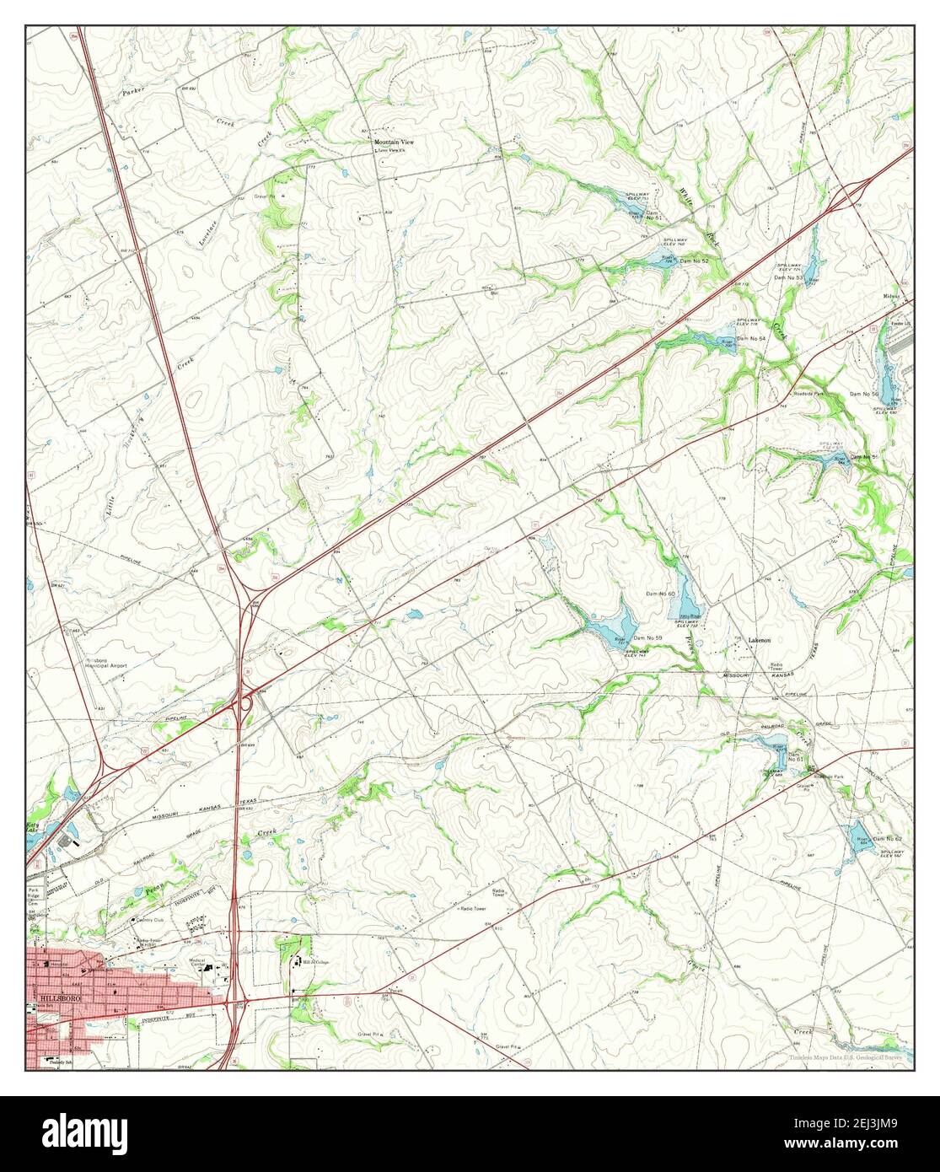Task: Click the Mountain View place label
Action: pos(395,142)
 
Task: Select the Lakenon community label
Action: pos(760,641)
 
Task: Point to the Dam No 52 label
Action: pos(694,261)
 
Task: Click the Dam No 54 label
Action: pos(750,338)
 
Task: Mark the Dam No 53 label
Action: pos(789,277)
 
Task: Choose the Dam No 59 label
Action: pos(647,637)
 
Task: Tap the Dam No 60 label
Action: pos(660,594)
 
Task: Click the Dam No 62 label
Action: pos(887,839)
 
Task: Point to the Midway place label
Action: pos(892,297)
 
